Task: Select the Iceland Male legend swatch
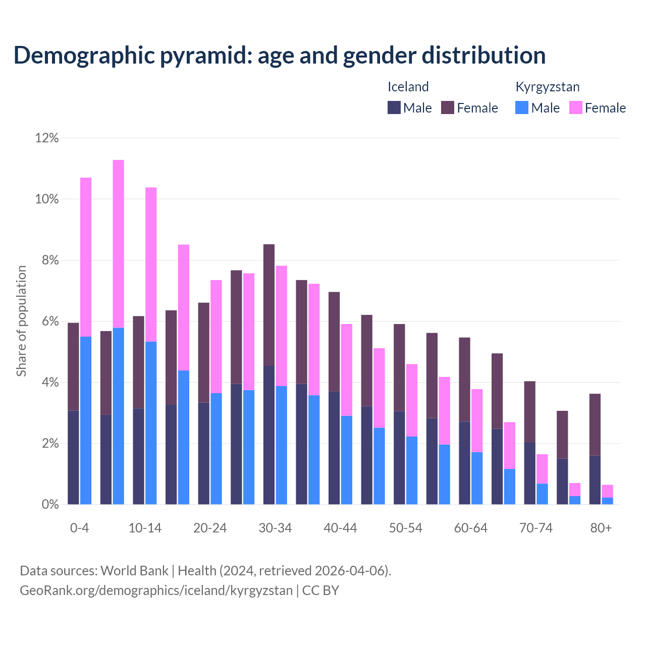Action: [x=394, y=107]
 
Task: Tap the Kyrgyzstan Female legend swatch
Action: [x=575, y=107]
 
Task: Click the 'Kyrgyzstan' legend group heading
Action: [x=547, y=87]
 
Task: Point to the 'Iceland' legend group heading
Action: [x=408, y=87]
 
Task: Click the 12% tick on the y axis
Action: [x=47, y=138]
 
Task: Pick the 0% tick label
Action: [x=49, y=505]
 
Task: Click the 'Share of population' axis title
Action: [x=22, y=321]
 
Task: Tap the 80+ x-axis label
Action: [x=601, y=528]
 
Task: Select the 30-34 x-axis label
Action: [x=275, y=528]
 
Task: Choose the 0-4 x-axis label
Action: [x=80, y=528]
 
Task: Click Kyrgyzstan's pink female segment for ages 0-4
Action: [x=86, y=257]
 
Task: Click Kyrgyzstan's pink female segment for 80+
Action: [x=608, y=491]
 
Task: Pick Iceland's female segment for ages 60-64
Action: [x=464, y=380]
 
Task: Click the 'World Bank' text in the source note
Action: [x=134, y=571]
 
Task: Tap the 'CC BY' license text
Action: [x=320, y=590]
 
